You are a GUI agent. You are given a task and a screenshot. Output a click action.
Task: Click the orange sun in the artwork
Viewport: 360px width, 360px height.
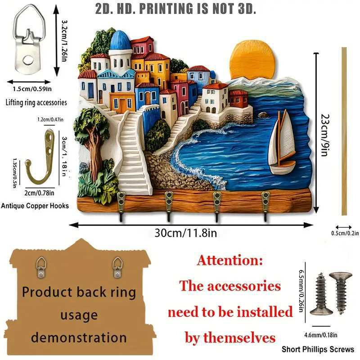(x=252, y=59)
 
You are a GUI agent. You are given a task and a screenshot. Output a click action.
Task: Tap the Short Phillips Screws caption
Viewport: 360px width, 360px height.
(x=318, y=349)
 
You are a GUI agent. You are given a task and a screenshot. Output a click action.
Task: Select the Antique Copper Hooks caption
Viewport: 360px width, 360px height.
(x=35, y=206)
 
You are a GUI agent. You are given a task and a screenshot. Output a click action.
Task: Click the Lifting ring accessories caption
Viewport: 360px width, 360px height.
(x=36, y=103)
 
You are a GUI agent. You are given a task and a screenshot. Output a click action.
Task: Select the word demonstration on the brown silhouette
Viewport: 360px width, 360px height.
(x=79, y=337)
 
